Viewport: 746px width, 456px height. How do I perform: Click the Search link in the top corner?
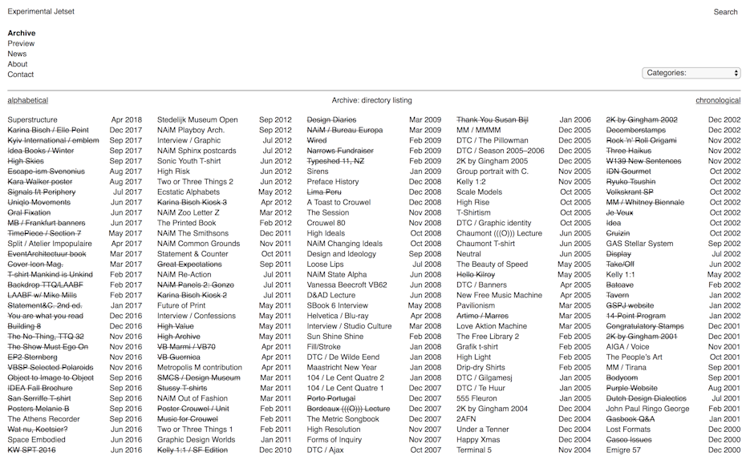coord(725,12)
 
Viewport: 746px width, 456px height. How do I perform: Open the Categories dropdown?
coord(691,73)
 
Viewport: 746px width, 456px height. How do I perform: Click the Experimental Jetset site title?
coord(42,12)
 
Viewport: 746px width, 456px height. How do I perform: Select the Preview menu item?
coord(22,44)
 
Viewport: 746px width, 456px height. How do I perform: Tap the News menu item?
coord(18,54)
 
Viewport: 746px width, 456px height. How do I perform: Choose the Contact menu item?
coord(21,75)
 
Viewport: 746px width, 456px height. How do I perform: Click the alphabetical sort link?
coord(28,101)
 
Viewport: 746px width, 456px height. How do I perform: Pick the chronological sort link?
coord(718,101)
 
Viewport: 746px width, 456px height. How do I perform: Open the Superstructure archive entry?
coord(33,120)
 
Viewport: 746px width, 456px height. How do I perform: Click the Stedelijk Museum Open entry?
coord(197,120)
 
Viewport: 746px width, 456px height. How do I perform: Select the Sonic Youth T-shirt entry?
coord(189,161)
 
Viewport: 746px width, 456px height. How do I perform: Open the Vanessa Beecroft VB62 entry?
coord(347,285)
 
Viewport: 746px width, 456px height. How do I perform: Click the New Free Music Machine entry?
coord(499,296)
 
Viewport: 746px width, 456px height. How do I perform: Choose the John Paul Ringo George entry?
coord(647,409)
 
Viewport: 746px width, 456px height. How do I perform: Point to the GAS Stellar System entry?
coord(639,244)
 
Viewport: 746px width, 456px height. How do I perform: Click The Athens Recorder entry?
coord(44,419)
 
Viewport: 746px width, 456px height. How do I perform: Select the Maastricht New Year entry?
coord(342,368)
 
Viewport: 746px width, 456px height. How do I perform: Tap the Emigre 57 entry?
coord(623,450)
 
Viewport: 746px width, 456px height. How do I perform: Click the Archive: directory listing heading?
coord(372,101)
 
